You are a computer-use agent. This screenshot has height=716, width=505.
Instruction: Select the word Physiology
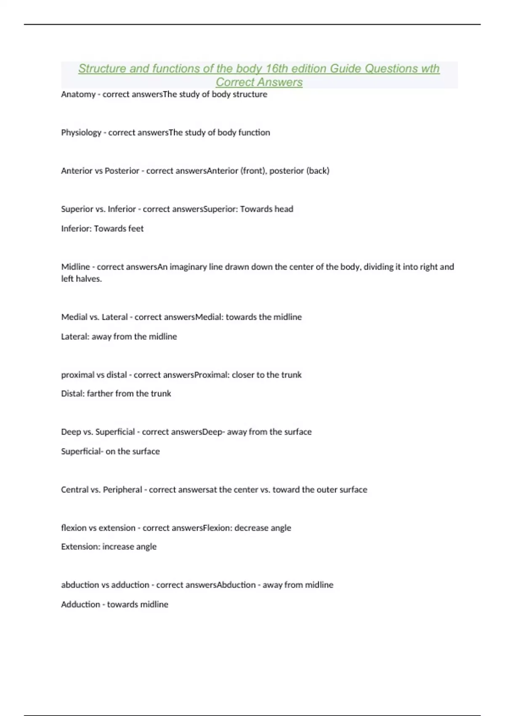pos(81,133)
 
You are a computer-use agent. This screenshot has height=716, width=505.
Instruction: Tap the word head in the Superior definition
pos(284,209)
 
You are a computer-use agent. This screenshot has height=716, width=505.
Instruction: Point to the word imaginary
pos(188,267)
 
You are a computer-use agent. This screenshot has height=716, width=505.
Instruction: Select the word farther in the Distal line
pos(100,394)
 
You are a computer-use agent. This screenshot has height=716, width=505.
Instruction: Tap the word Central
pos(74,490)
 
